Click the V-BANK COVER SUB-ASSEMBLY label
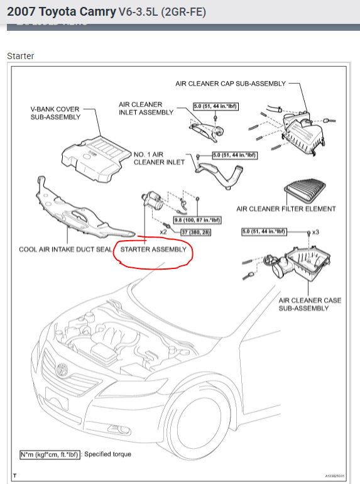pos(55,113)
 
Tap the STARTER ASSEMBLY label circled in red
pos(153,250)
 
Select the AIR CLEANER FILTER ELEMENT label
pos(286,209)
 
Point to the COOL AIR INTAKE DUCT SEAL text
pos(65,250)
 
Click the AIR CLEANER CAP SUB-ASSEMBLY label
pos(231,84)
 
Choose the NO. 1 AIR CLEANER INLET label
pos(159,158)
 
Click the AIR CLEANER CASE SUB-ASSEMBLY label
pos(310,304)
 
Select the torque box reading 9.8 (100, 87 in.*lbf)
pos(197,220)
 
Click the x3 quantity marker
pos(315,232)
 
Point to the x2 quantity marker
pos(163,232)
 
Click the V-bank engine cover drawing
pos(95,159)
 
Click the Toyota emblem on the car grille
pos(62,369)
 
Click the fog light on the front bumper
pos(119,429)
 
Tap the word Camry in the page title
pos(97,12)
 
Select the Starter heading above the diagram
pos(20,56)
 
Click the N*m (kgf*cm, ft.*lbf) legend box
pos(50,454)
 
